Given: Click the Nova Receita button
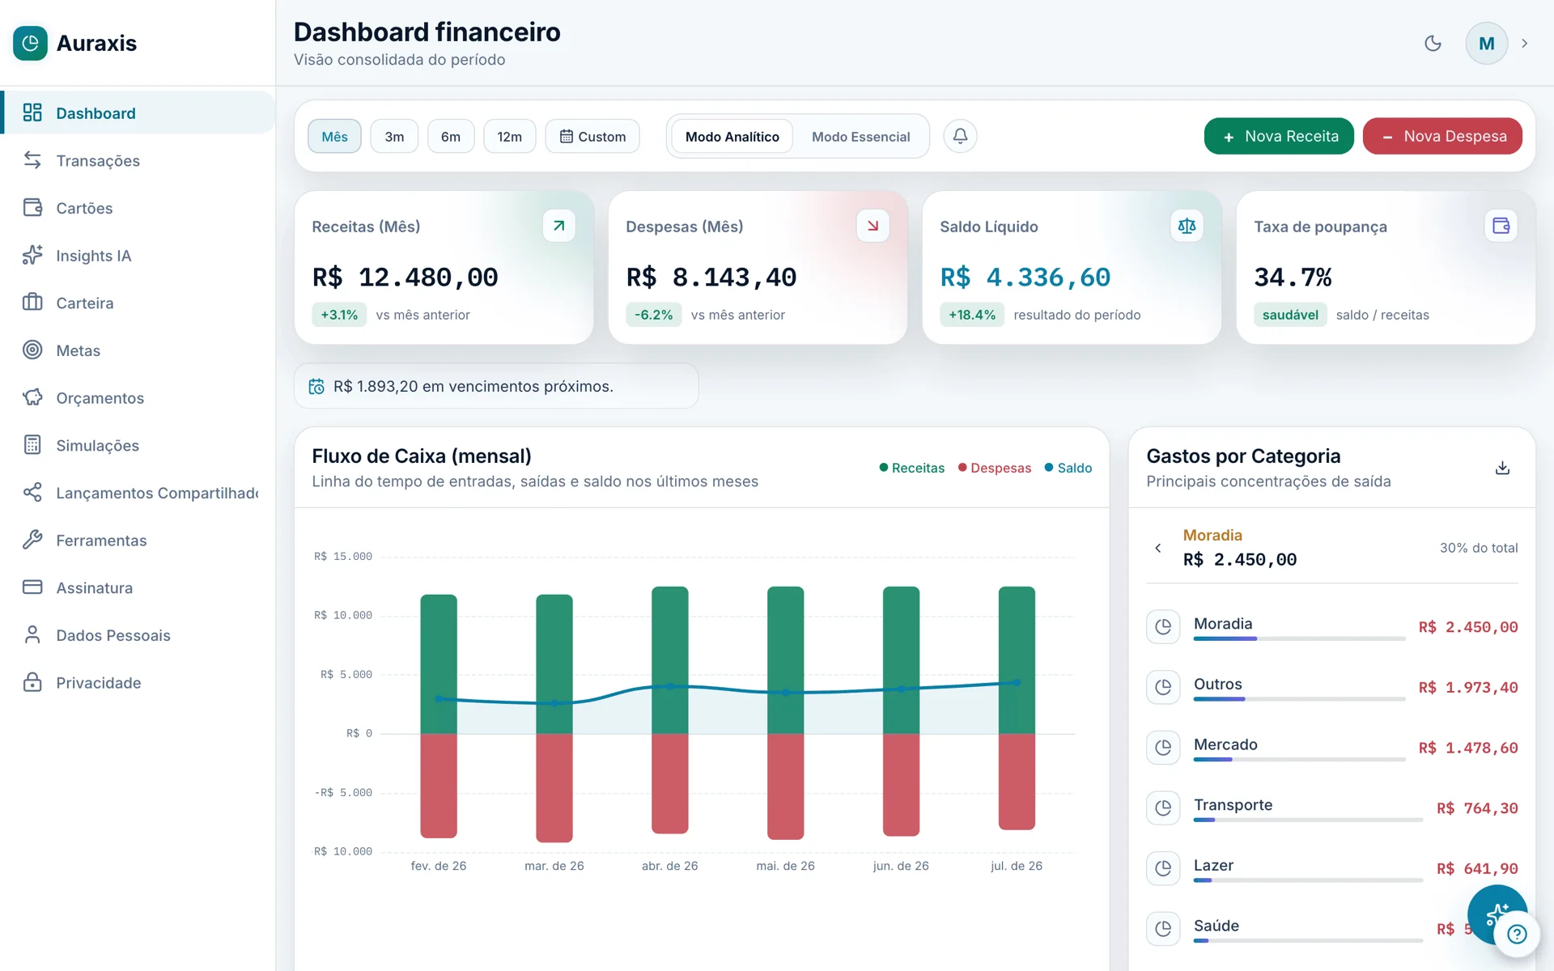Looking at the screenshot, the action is tap(1279, 136).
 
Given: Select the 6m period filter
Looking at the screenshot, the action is tap(451, 136).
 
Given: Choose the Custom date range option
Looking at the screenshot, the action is tap(592, 136).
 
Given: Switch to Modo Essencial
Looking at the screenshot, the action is tap(860, 137).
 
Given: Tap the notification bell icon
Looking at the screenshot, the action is tap(960, 136).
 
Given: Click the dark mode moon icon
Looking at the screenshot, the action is tap(1433, 43).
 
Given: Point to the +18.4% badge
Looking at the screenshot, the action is tap(972, 315).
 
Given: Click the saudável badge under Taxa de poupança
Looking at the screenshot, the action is tap(1290, 315).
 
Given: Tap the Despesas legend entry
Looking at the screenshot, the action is tap(995, 468).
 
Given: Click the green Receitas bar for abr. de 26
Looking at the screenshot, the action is tap(670, 660).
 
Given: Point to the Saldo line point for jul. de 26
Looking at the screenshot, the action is tap(1017, 682).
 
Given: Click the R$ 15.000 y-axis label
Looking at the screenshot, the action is tap(343, 557).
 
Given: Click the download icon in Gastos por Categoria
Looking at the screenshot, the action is tap(1502, 468).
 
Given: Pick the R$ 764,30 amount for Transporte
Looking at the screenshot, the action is tap(1477, 808).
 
